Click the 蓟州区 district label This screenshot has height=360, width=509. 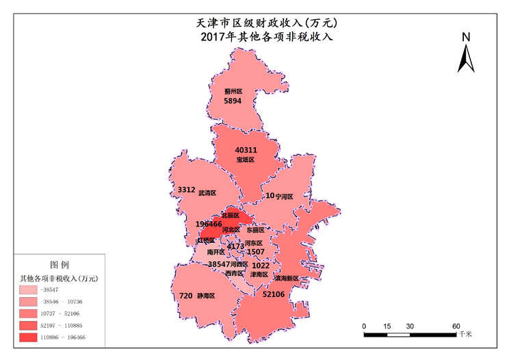(x=233, y=90)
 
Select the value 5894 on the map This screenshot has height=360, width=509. (x=233, y=101)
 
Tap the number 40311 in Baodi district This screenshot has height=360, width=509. (x=246, y=150)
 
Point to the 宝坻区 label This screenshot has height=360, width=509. (x=245, y=159)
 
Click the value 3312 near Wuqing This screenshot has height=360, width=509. (x=186, y=190)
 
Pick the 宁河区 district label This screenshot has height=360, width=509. (x=285, y=196)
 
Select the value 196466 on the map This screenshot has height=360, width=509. (x=208, y=224)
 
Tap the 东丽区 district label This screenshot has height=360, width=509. (x=255, y=231)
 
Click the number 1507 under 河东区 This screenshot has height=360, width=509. (x=255, y=252)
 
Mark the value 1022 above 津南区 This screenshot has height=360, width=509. (x=261, y=266)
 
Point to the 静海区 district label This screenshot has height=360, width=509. (x=206, y=296)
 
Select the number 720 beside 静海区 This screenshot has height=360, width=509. (x=185, y=296)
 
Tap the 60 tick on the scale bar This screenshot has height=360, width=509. (x=456, y=326)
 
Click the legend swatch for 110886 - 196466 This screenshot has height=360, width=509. (x=29, y=337)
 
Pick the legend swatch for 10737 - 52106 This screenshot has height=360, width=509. (x=29, y=313)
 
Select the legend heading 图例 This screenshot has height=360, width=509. (x=60, y=264)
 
